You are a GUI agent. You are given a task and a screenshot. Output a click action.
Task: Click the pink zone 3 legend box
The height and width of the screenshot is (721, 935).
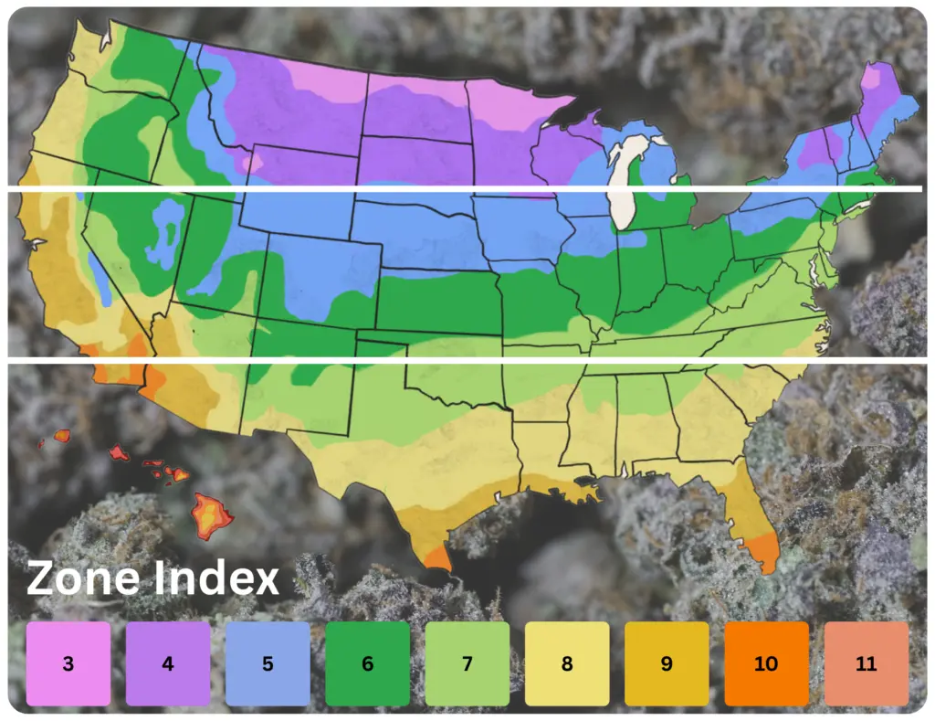[x=68, y=663]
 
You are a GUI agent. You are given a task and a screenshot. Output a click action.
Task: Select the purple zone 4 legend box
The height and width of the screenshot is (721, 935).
[x=168, y=663]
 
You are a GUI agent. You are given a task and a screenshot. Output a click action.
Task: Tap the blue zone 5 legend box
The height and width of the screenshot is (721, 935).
[x=268, y=663]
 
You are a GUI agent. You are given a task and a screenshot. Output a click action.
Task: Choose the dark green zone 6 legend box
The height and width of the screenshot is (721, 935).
[x=367, y=663]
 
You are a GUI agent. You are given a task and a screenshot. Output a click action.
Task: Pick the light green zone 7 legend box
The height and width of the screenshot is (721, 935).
[x=467, y=663]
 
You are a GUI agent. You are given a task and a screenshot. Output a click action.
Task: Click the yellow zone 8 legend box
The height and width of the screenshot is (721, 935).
[x=567, y=663]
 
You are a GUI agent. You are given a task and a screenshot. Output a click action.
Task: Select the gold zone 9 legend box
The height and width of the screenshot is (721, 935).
[x=667, y=663]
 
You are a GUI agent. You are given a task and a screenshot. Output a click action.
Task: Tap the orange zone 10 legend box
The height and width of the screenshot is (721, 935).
[x=766, y=663]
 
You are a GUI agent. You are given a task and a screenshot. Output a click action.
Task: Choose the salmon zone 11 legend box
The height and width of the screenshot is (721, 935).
[x=866, y=663]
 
